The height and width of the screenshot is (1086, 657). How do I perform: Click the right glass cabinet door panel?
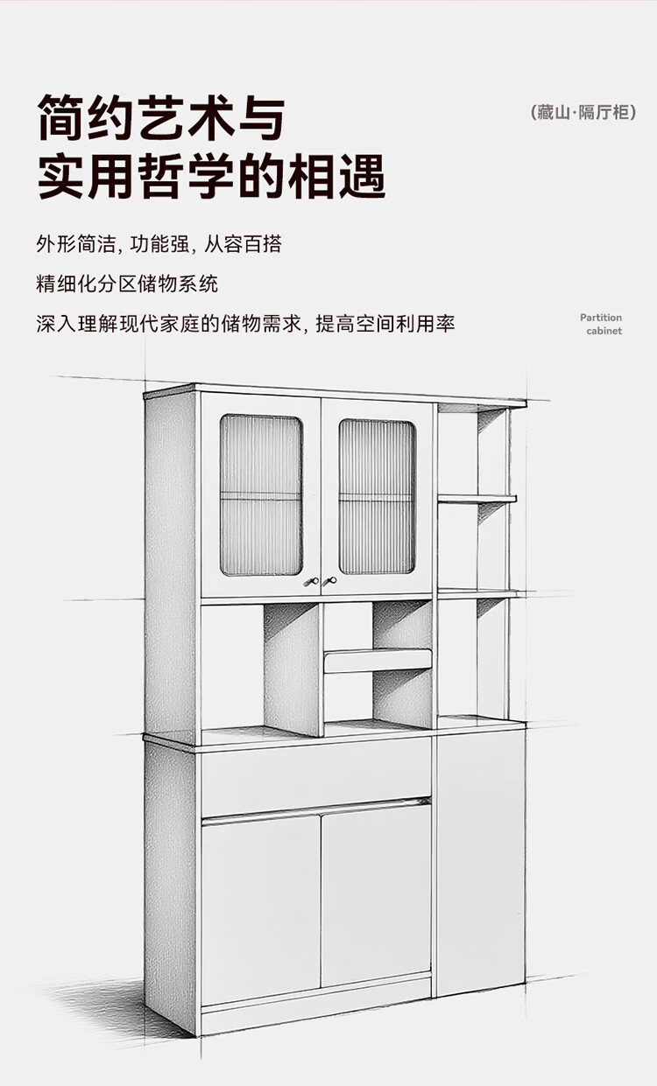click(x=378, y=496)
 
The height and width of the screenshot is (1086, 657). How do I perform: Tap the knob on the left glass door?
click(x=309, y=581)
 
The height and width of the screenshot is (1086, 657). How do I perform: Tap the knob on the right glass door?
click(x=331, y=580)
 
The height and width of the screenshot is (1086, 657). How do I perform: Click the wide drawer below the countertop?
click(x=315, y=774)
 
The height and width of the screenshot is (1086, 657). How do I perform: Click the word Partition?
click(x=600, y=318)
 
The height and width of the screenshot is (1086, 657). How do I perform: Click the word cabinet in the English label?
click(x=604, y=331)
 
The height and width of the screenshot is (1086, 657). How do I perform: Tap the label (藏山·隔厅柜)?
click(x=583, y=113)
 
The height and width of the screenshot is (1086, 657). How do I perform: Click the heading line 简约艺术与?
click(x=161, y=118)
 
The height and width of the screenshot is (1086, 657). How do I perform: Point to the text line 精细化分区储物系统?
click(x=127, y=284)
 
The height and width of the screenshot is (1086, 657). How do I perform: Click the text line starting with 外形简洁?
click(x=159, y=244)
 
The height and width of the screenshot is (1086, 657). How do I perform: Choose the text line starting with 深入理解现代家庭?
click(x=245, y=324)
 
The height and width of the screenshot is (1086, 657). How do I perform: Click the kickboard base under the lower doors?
click(x=315, y=993)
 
